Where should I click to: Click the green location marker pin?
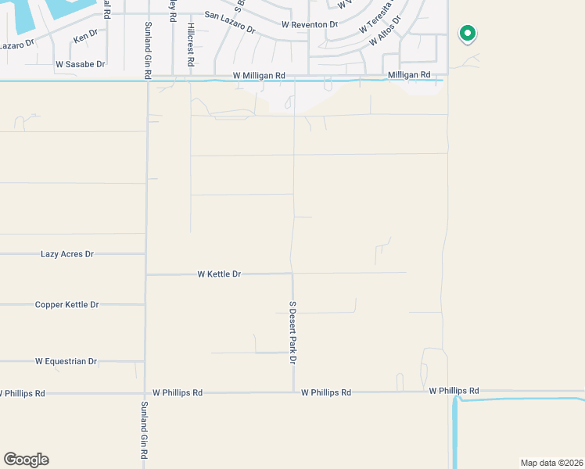click(x=468, y=34)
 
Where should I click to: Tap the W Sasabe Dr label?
click(x=80, y=64)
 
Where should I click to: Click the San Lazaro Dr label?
click(x=230, y=21)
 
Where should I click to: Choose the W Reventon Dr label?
click(x=310, y=25)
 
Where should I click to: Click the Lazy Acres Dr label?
click(x=66, y=255)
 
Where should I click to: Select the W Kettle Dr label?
click(x=219, y=274)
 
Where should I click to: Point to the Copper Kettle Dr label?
click(x=66, y=305)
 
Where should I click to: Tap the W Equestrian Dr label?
click(x=66, y=362)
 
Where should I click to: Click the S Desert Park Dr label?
click(x=292, y=333)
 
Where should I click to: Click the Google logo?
click(x=26, y=460)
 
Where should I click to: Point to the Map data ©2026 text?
click(x=551, y=463)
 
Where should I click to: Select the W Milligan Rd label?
click(x=259, y=75)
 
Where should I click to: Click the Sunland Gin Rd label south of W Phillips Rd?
click(x=145, y=430)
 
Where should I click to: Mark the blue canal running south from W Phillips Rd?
click(x=453, y=430)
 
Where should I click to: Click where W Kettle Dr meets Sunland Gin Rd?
click(x=147, y=274)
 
